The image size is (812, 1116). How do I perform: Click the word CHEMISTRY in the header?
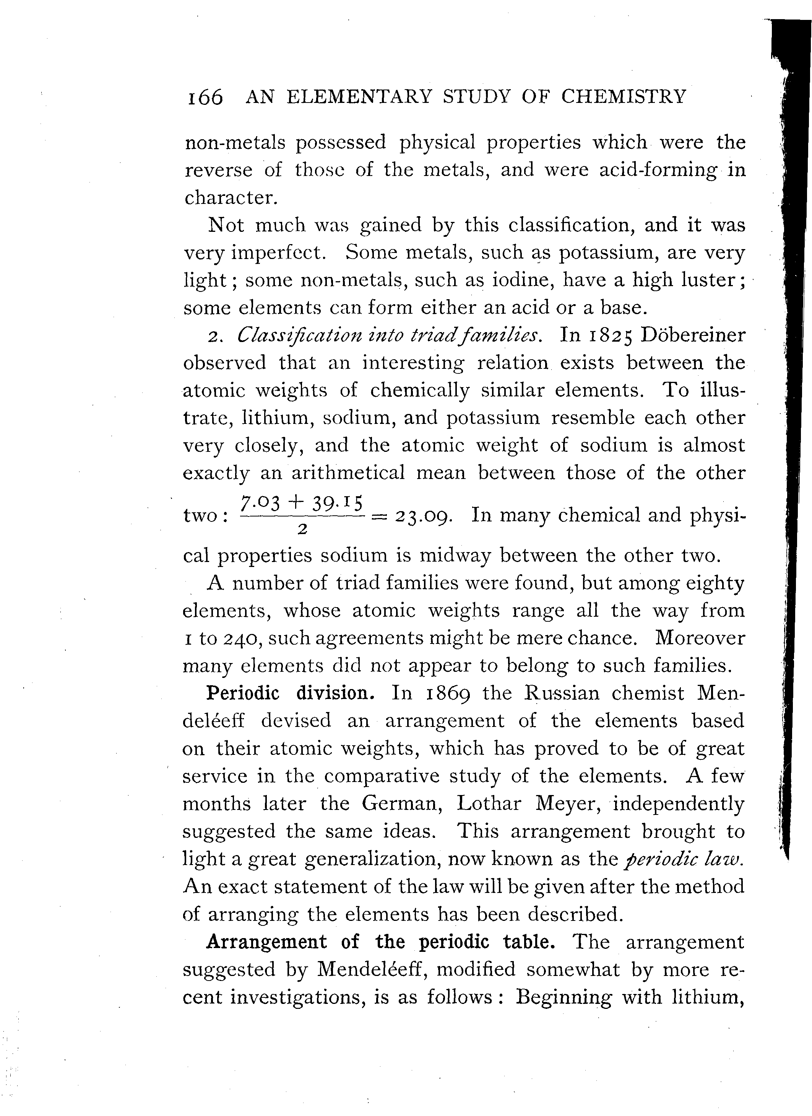pyautogui.click(x=623, y=96)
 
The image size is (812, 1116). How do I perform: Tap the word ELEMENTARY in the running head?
pyautogui.click(x=359, y=96)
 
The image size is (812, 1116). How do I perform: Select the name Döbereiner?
pyautogui.click(x=693, y=335)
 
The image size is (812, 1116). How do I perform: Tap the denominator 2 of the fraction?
pyautogui.click(x=303, y=529)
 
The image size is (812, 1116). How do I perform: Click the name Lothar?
pyautogui.click(x=488, y=803)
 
